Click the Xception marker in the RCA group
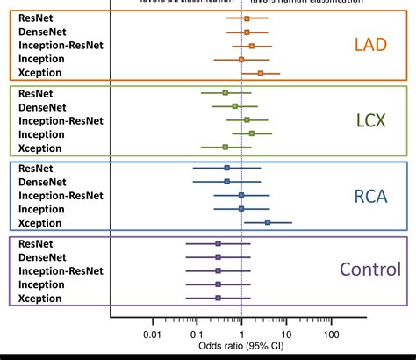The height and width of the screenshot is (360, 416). tap(268, 222)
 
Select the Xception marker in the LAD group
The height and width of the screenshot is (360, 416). tap(260, 72)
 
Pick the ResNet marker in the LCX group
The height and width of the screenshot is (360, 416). tap(225, 92)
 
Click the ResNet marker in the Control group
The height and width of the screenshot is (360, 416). tap(218, 243)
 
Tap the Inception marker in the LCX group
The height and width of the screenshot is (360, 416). tap(251, 133)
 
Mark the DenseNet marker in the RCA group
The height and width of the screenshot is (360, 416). tap(226, 181)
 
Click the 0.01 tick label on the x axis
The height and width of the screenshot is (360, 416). tap(152, 335)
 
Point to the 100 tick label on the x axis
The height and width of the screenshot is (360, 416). tap(331, 335)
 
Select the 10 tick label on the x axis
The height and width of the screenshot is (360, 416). tap(286, 335)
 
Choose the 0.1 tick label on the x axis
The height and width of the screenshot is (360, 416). tap(197, 335)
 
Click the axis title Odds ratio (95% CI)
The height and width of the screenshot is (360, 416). tap(241, 349)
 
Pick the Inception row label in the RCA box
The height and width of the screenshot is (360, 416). tap(42, 209)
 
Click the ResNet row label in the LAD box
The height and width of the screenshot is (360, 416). tap(36, 18)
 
